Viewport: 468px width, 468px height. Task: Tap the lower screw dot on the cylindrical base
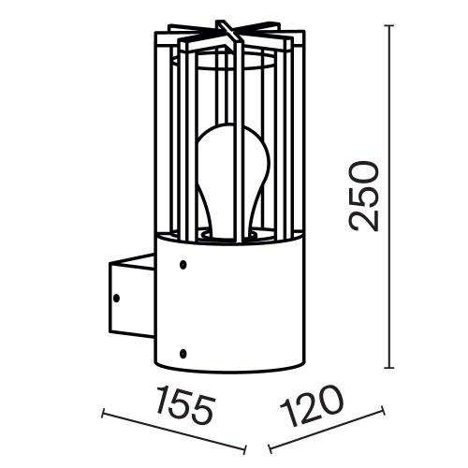pos(183,353)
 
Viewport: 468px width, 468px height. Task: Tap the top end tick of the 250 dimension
pos(390,27)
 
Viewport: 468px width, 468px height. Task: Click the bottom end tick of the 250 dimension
pos(390,367)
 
